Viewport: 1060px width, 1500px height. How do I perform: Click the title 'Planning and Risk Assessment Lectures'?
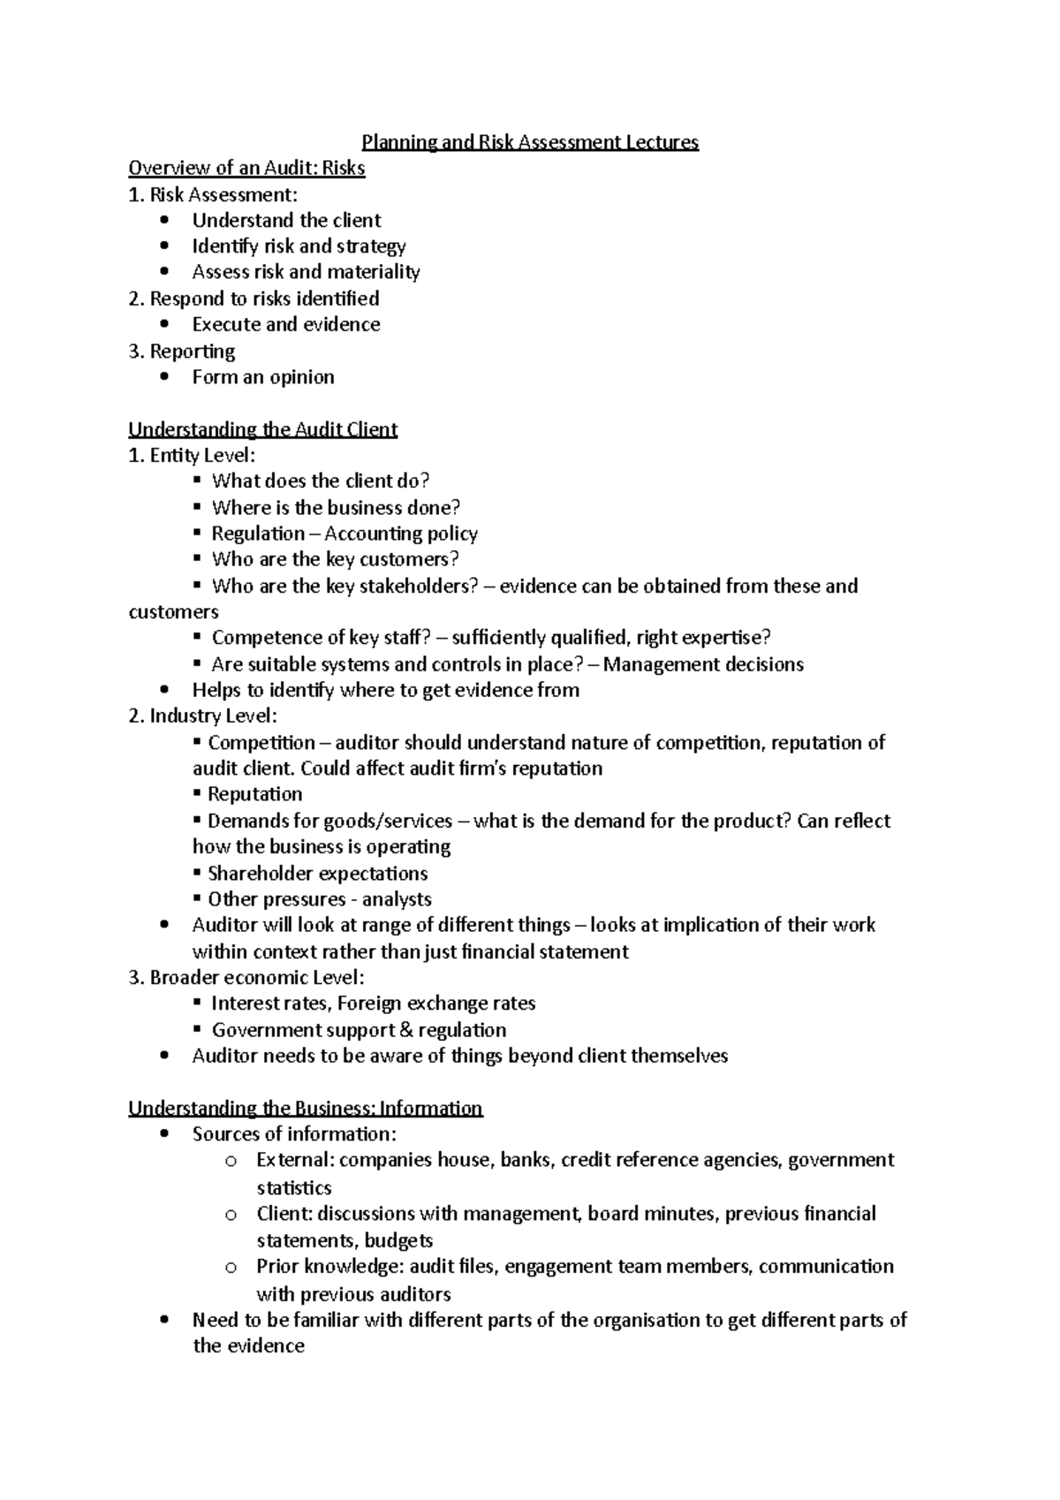pos(530,142)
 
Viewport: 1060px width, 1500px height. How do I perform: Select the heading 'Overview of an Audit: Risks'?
pos(246,168)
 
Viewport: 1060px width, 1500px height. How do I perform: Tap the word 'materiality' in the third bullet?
pos(374,272)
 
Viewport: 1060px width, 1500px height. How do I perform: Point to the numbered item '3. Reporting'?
pos(182,352)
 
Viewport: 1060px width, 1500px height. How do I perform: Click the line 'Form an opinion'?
pos(263,377)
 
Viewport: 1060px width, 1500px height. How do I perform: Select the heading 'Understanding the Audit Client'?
pos(262,429)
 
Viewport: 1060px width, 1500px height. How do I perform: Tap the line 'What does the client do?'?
pos(320,481)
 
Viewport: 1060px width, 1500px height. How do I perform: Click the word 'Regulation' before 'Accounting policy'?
pos(258,534)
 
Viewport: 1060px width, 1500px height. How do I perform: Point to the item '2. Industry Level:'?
pos(202,716)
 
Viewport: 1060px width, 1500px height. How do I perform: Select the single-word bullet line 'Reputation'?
pos(254,794)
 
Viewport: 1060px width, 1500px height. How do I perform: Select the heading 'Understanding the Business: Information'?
pos(305,1109)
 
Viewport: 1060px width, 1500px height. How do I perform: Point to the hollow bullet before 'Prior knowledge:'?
pos(231,1268)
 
